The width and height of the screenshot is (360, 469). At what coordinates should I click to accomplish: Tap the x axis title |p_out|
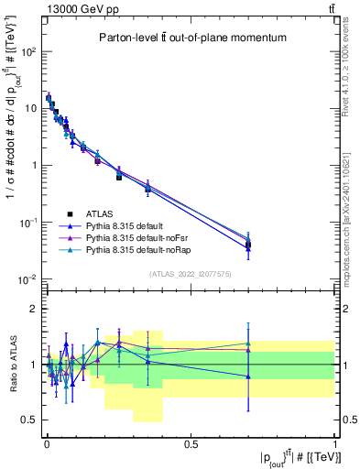(292, 456)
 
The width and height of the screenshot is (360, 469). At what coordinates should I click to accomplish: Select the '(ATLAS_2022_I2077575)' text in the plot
(191, 273)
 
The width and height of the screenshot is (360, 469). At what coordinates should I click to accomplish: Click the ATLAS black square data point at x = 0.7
(248, 245)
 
